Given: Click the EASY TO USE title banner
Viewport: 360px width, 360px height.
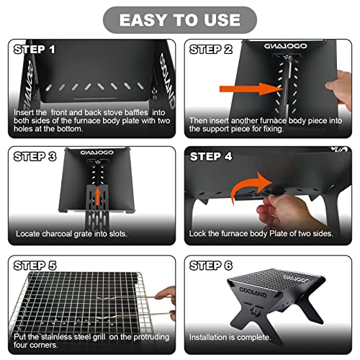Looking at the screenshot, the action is [180, 20].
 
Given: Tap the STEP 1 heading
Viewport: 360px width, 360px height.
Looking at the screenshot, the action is [35, 50].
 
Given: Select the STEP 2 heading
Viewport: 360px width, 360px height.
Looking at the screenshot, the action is [211, 50].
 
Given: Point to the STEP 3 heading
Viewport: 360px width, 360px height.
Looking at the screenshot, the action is [35, 156].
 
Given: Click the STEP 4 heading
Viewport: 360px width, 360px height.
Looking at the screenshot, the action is [211, 156].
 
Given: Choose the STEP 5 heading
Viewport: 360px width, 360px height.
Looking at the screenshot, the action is [35, 266].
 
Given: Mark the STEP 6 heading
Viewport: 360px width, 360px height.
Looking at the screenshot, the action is [211, 266].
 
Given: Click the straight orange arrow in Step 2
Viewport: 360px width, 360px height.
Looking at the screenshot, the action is [251, 89].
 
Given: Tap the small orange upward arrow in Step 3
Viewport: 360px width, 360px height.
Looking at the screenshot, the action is [97, 197].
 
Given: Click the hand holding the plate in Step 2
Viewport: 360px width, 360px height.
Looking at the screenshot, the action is [339, 89].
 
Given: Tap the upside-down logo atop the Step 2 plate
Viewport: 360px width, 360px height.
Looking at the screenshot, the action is [286, 46].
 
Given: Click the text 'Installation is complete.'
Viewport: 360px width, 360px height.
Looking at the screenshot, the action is [230, 337].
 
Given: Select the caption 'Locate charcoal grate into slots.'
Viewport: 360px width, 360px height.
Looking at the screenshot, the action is [71, 233].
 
